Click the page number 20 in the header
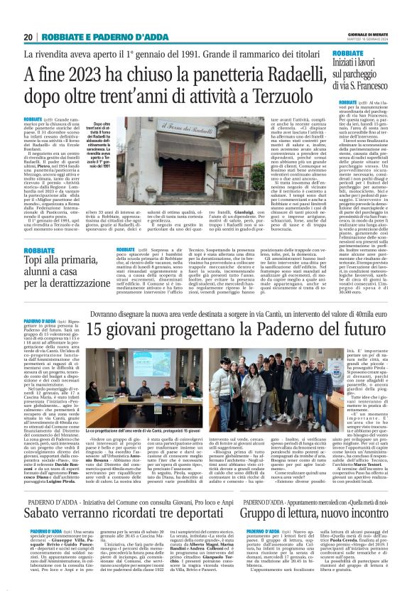[x=28, y=37]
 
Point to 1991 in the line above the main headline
[x=200, y=54]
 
